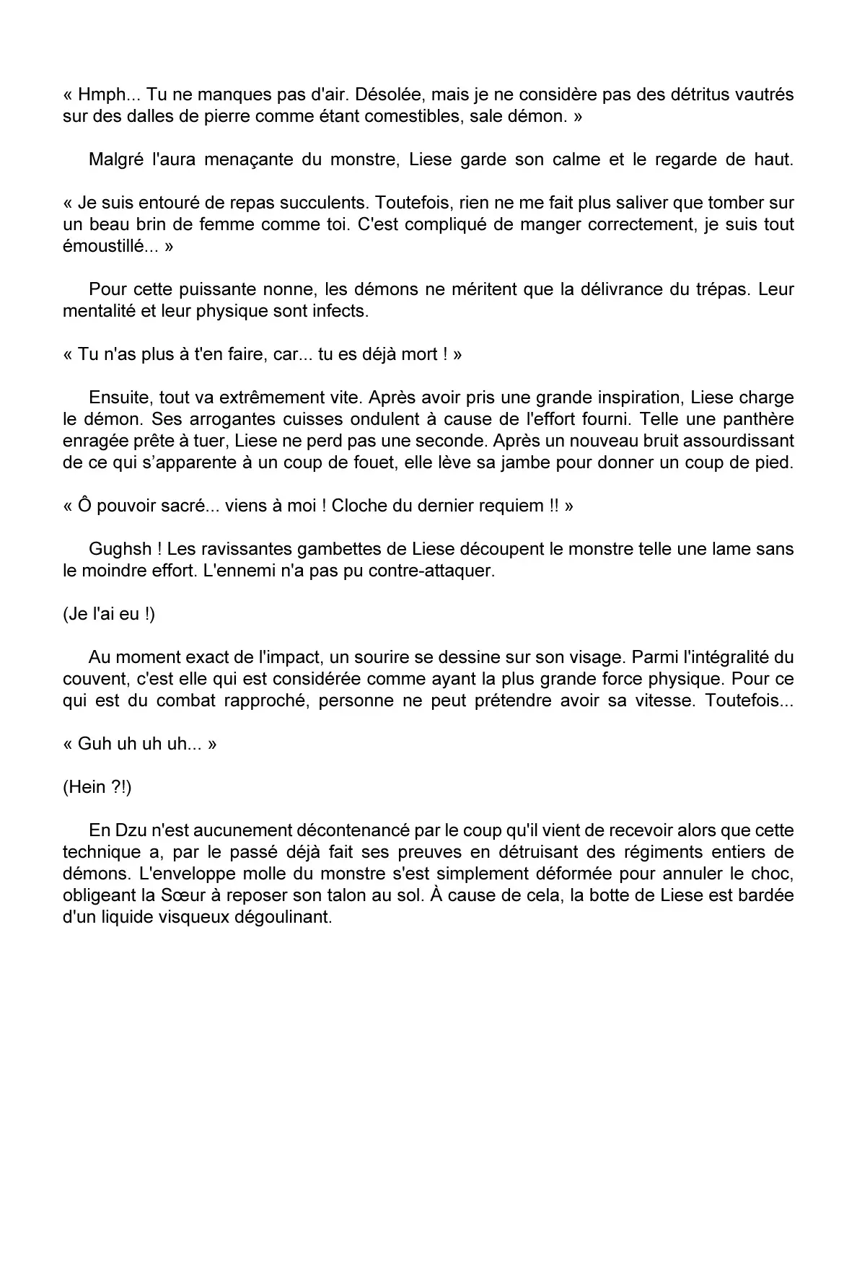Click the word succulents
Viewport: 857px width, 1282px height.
point(325,203)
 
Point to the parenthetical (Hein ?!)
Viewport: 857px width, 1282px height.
point(97,787)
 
